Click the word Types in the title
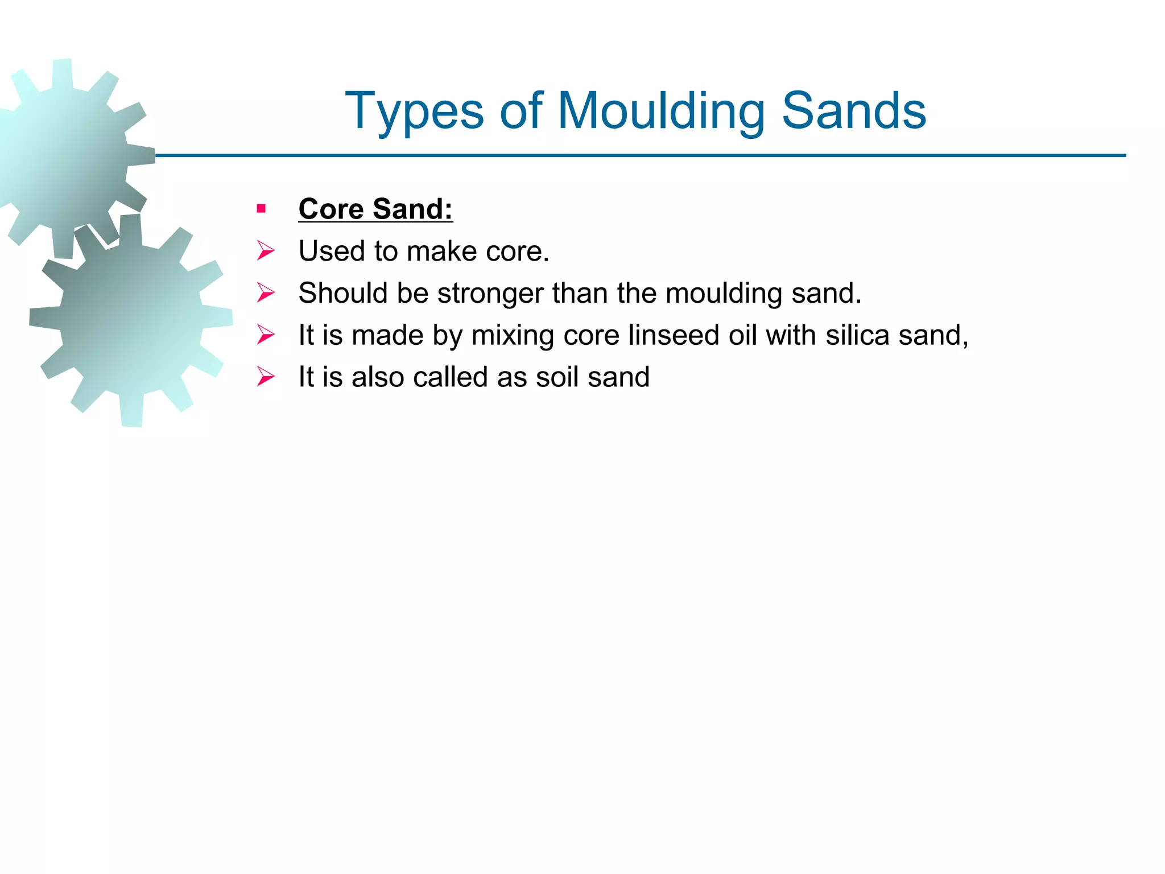coord(414,112)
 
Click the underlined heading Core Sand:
coord(375,209)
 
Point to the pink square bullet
coord(261,209)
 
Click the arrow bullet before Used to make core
coord(265,251)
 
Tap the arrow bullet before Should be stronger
coord(265,293)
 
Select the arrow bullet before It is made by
coord(265,335)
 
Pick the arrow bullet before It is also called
coord(265,377)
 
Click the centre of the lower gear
coord(131,320)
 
